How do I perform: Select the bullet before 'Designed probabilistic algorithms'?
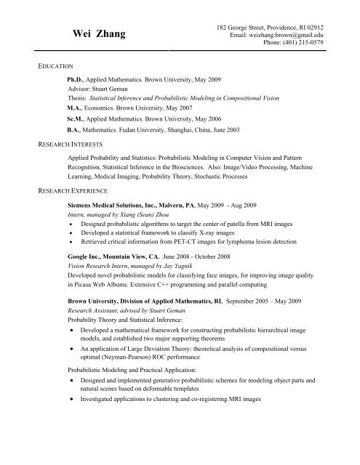coord(71,226)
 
